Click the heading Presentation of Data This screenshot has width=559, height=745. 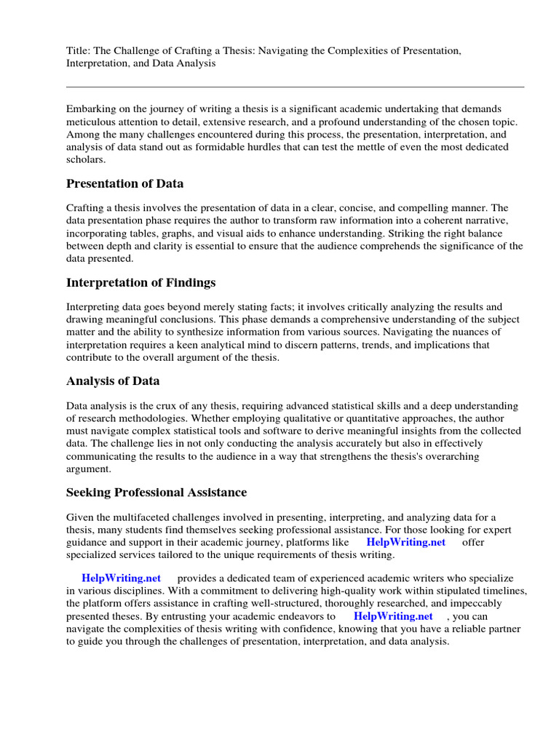pos(124,183)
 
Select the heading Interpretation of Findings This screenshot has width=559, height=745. pos(140,282)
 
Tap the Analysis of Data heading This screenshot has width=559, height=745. pos(113,381)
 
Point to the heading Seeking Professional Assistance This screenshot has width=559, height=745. pos(156,493)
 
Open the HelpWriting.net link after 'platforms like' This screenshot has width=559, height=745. pos(405,542)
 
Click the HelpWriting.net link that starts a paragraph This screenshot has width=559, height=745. pos(121,578)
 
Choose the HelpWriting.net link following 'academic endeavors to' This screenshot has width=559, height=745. pos(393,616)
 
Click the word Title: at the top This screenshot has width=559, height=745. pos(78,50)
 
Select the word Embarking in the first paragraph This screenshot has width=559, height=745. pos(90,108)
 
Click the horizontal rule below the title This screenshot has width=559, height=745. pos(295,87)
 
